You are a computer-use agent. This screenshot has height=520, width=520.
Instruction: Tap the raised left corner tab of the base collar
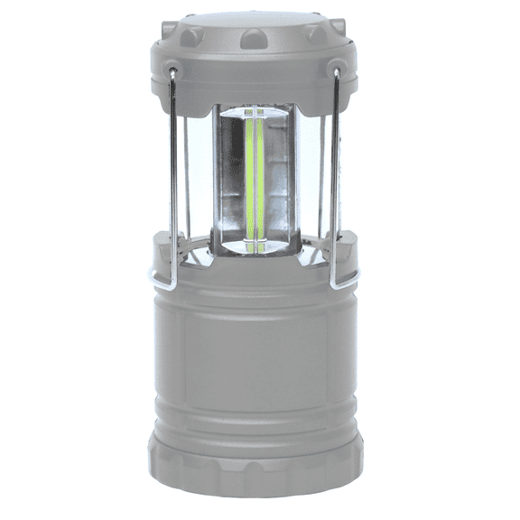coord(161,242)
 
